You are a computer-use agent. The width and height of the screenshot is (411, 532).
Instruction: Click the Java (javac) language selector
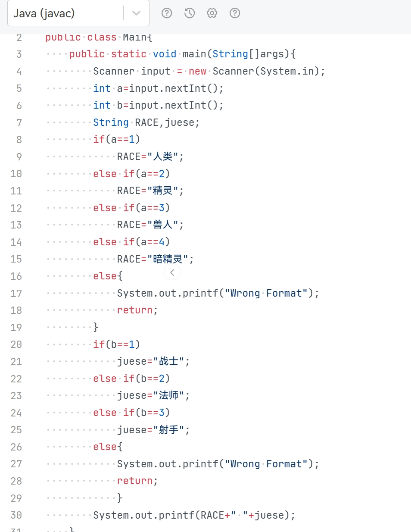pos(65,13)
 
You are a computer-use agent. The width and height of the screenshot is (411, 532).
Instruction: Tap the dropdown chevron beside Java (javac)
pos(137,13)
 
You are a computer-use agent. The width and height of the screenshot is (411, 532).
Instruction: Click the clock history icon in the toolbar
pos(190,13)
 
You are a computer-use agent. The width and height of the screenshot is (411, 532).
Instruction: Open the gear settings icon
pos(212,13)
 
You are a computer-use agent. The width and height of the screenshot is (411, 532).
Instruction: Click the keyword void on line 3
pos(165,54)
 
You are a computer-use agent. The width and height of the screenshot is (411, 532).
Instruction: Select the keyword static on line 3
pos(128,54)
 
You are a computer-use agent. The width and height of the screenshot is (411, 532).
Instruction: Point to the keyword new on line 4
pos(197,71)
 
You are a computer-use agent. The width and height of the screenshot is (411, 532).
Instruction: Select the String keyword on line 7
pos(111,123)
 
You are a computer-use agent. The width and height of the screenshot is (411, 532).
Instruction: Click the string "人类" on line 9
pos(162,156)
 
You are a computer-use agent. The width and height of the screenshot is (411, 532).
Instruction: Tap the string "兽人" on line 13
pos(162,225)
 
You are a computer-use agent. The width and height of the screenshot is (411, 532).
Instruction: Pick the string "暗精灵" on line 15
pos(168,259)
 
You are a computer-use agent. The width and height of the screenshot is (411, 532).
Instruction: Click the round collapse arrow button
pos(172,272)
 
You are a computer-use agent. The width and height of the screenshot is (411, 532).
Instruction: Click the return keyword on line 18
pos(135,310)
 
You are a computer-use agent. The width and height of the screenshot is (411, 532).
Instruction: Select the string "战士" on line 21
pos(168,361)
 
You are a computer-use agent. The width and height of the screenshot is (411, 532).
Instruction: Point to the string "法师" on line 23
pos(168,396)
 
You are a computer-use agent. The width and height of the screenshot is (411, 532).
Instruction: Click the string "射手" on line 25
pos(168,430)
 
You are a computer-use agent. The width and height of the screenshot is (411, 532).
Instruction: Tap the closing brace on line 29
pos(120,498)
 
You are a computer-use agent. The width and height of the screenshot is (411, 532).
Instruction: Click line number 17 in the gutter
pos(16,294)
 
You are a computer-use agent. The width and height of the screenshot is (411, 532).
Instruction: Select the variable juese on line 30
pos(269,515)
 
